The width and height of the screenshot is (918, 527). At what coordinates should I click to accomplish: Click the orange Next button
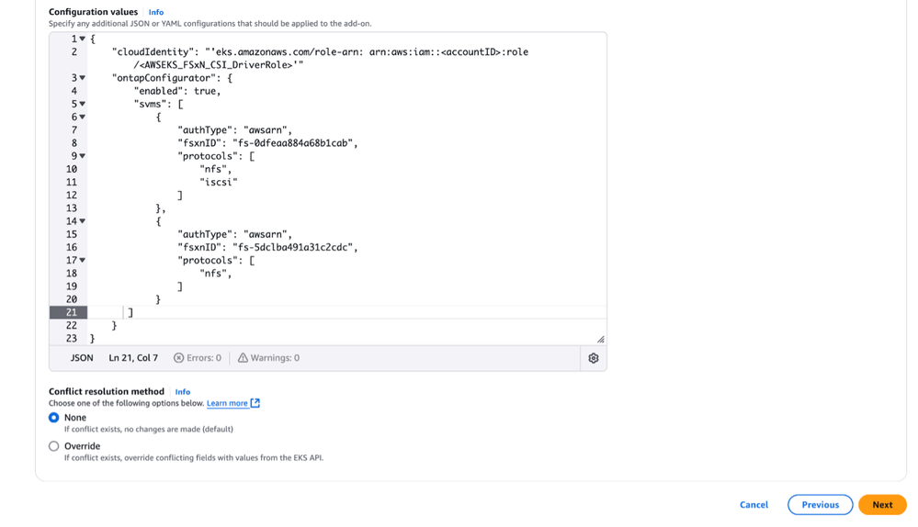coord(882,505)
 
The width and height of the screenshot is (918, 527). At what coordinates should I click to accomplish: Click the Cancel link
coord(754,505)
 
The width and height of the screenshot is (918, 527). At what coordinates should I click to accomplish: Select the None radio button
coord(54,418)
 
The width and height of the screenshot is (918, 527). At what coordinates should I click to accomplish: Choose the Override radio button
coord(54,446)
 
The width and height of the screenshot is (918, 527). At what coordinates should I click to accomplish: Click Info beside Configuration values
coord(156,12)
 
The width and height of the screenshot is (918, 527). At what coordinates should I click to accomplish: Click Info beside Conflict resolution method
coord(183,391)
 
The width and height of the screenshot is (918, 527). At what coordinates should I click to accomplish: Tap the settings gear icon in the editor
coord(593,358)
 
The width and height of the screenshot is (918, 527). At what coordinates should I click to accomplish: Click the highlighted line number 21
coord(72,313)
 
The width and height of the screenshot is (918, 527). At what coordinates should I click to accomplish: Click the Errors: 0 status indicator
coord(198,358)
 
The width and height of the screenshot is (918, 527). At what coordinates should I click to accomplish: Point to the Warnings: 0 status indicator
coord(268,358)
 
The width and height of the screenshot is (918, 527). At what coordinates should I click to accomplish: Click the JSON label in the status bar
coord(82,358)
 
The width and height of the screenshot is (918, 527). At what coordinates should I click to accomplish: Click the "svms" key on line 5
coord(152,105)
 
